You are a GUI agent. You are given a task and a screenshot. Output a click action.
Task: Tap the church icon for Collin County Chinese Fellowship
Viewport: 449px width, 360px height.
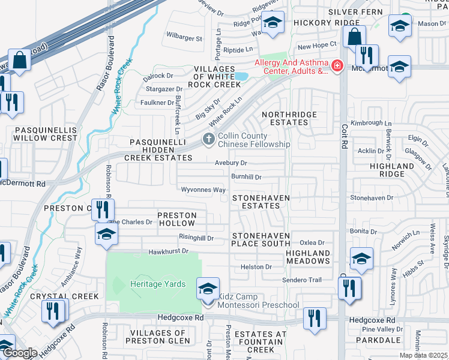coord(209,140)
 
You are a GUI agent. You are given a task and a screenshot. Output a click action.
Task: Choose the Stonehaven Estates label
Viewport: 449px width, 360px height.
coord(256,202)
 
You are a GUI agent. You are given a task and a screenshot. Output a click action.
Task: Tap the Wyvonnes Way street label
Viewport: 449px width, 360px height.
coord(203,190)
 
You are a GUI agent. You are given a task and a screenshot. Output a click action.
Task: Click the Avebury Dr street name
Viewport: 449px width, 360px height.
coord(231,163)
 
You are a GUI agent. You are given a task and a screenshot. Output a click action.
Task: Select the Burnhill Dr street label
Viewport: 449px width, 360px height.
coord(246,177)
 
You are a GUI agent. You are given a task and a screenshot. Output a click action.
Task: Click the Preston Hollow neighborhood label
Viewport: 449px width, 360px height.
coord(176,219)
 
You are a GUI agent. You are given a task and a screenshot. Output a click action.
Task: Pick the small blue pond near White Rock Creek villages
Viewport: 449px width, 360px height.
coord(241,76)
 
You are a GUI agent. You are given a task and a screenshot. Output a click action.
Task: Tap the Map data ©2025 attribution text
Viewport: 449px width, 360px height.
coord(423,355)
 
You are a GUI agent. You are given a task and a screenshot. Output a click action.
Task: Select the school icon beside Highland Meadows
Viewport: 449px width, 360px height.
coord(362,259)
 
